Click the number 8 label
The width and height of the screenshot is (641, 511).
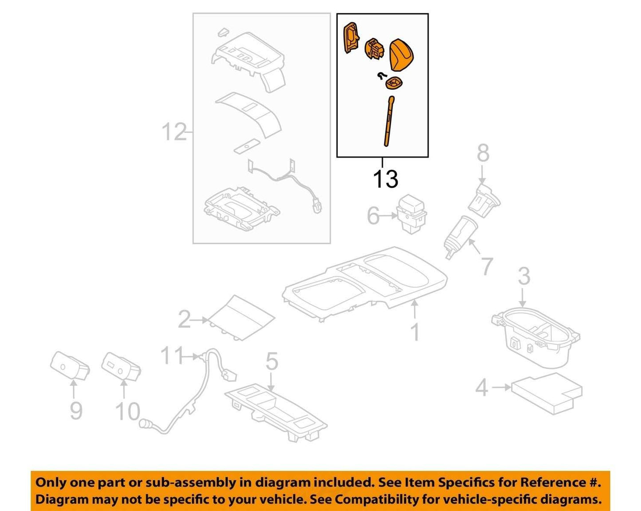[x=483, y=153]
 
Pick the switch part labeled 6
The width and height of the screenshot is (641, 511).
[x=411, y=213]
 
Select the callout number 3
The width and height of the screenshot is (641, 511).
[x=524, y=276]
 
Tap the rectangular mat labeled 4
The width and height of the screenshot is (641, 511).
[x=547, y=393]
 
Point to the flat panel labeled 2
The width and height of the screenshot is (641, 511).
[x=241, y=318]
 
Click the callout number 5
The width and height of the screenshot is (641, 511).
[x=271, y=361]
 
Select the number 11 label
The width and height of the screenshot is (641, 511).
[x=172, y=355]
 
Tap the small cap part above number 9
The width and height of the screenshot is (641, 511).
[x=70, y=366]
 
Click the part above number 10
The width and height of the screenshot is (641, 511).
[x=121, y=367]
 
